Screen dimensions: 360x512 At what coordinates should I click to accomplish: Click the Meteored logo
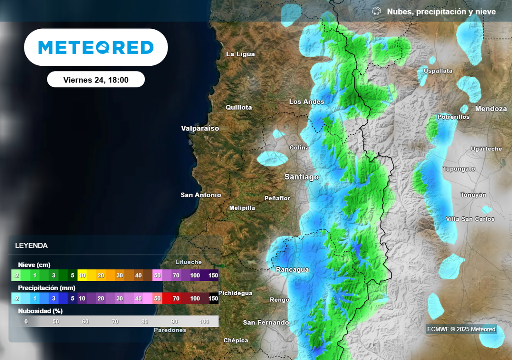coord(96,47)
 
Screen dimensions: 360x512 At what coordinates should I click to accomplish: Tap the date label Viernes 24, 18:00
coord(96,80)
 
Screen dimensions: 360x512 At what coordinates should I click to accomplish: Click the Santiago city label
coord(301,177)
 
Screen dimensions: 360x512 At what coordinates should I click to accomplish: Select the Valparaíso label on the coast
coord(200,128)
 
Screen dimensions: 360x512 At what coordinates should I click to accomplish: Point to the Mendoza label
coord(491,108)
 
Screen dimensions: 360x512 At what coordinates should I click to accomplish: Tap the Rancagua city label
coord(292,270)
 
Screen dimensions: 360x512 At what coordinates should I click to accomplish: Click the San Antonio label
coord(201,195)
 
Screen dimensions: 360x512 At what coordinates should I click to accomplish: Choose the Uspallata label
coord(438,71)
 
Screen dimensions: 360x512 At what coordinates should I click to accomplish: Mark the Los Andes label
coord(307,102)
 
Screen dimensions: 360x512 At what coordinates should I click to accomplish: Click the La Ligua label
coord(241,54)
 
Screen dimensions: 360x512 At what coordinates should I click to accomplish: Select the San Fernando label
coord(266,322)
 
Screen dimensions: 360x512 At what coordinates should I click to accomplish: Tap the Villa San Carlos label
coord(470,219)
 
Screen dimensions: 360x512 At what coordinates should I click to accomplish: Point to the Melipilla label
coord(242,208)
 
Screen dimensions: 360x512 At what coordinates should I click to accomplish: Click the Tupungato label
coord(459,169)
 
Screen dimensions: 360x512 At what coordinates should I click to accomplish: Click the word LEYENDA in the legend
coord(31,246)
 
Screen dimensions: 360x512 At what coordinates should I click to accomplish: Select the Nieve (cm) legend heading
coord(34,265)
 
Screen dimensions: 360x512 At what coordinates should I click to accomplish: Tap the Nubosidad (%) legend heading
coord(40,311)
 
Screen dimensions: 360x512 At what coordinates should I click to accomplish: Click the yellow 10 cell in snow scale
coord(82,275)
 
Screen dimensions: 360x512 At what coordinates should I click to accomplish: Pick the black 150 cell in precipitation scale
coord(213,298)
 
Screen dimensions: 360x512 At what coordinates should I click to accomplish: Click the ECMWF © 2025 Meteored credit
coord(461,329)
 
